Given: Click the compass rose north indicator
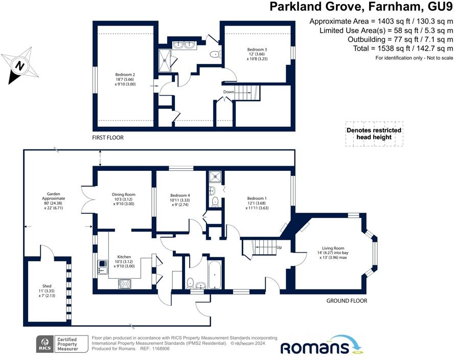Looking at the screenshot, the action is [20, 66].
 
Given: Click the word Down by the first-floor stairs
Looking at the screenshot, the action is [229, 92].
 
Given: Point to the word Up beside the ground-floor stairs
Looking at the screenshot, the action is [279, 247].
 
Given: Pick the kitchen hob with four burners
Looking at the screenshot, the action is [125, 283].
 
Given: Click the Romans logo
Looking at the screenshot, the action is [322, 345].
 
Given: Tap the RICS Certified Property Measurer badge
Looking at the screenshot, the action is [62, 344].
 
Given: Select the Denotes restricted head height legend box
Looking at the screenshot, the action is [374, 134].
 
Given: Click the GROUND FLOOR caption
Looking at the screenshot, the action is [347, 301].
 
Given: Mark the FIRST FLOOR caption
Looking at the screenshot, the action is [108, 138].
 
